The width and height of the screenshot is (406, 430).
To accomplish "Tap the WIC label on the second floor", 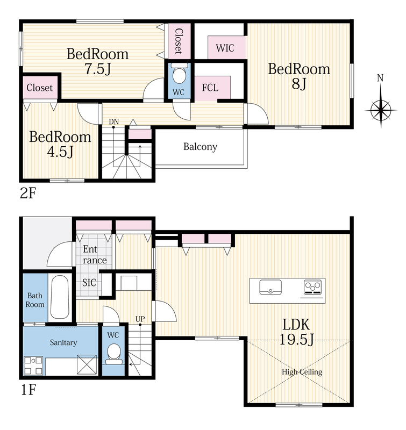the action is [x=225, y=48].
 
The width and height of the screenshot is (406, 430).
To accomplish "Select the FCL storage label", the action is [x=210, y=88].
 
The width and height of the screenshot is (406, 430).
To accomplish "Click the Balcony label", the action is [x=200, y=147].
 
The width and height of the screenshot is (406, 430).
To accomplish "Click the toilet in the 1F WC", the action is [x=114, y=354].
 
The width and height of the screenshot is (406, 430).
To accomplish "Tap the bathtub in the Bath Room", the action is [x=60, y=297].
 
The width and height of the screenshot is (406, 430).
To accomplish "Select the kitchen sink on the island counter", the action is [x=270, y=287].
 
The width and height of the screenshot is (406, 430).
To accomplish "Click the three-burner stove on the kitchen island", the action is [x=313, y=287].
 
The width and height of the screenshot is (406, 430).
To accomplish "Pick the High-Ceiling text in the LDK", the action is [x=302, y=372].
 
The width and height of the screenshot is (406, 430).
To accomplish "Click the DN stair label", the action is [x=114, y=121].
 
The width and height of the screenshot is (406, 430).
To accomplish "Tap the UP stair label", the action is [x=140, y=319].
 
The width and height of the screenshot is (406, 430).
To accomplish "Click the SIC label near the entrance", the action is [x=89, y=283].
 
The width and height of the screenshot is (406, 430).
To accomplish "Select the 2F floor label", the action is [x=29, y=193].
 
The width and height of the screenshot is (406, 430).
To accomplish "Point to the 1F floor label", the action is [x=29, y=390].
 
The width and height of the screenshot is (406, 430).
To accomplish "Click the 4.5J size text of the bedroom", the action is [x=60, y=152].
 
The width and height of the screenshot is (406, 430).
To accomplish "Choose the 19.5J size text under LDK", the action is [x=296, y=339].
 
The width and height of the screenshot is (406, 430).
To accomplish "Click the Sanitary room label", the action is [x=63, y=342].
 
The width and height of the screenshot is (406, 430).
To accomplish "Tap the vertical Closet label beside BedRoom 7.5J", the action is [x=179, y=41].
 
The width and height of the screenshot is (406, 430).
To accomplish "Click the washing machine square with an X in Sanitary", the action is [x=87, y=364].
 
